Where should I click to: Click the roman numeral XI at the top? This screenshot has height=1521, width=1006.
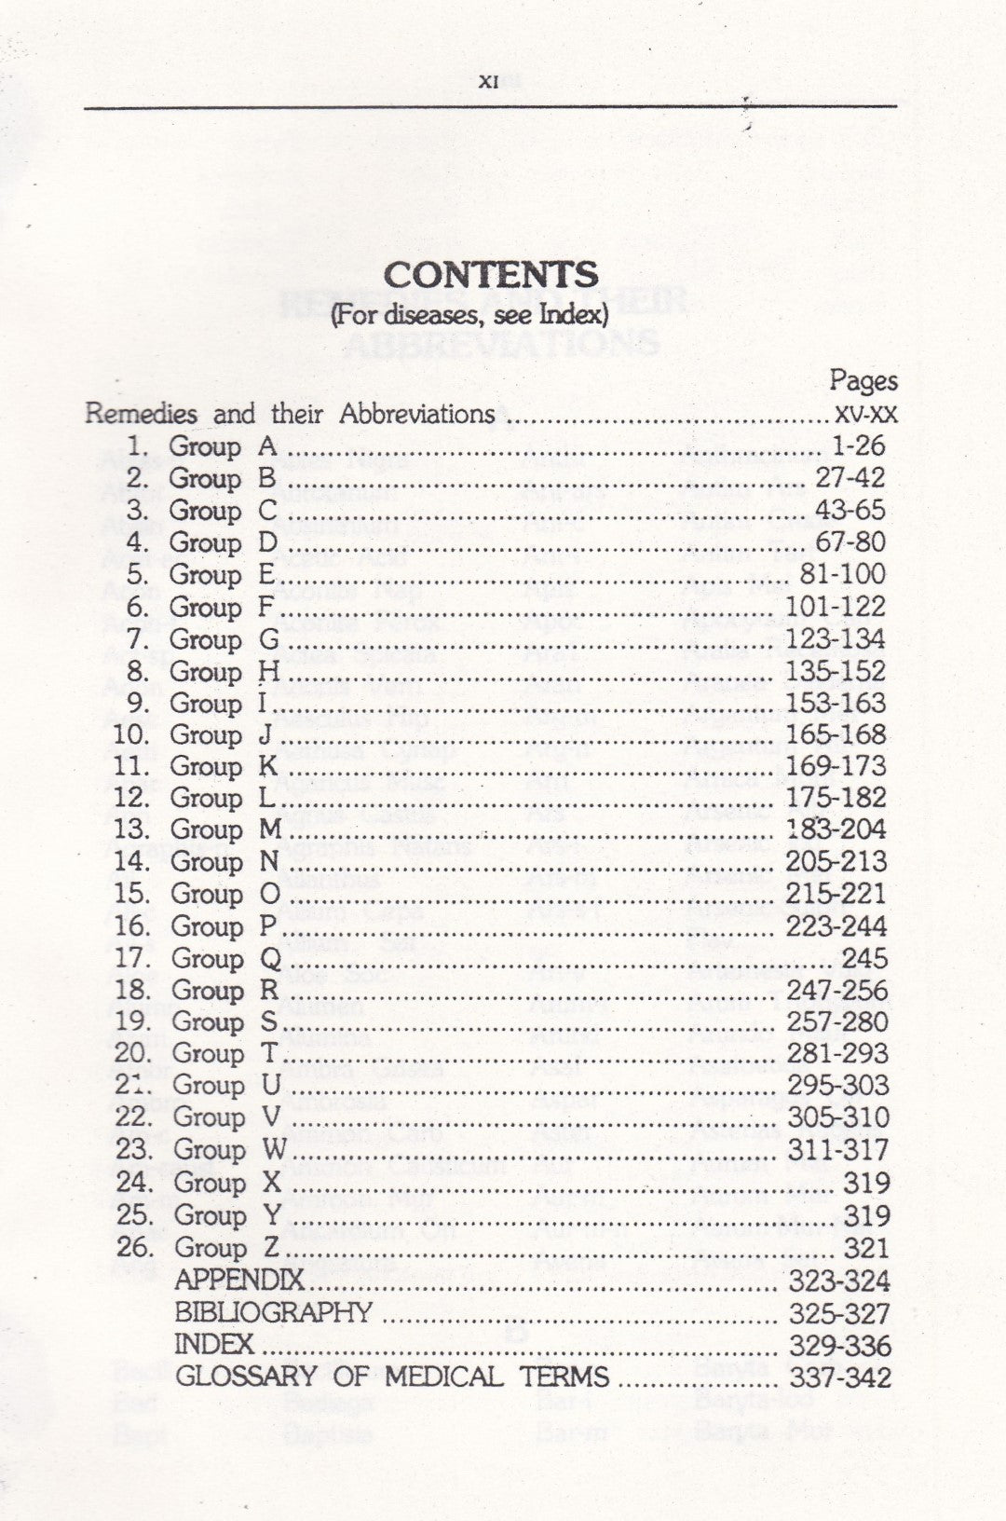(488, 82)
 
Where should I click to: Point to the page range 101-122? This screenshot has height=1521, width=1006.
(836, 607)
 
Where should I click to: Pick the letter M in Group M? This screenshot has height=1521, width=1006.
(270, 829)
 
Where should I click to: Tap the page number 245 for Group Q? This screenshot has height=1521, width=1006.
(863, 958)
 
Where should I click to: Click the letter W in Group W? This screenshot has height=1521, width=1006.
(274, 1150)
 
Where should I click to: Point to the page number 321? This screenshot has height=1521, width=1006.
(866, 1247)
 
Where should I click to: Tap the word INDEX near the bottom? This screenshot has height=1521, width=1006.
(214, 1344)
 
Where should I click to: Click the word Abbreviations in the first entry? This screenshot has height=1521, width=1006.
(416, 414)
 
